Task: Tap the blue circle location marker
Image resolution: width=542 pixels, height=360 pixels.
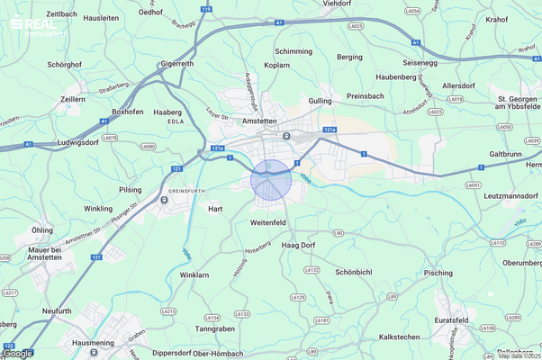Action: click(x=271, y=178)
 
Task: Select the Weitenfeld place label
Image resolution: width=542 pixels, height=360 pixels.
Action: click(x=268, y=221)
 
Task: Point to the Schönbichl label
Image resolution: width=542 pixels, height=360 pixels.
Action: click(x=354, y=272)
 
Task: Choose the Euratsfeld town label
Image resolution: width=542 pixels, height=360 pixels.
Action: click(x=477, y=319)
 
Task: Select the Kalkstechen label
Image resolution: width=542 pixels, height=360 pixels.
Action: click(x=399, y=336)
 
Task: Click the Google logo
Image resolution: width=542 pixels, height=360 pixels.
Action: click(x=18, y=353)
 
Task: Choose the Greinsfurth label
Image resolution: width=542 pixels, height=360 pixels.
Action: click(x=189, y=191)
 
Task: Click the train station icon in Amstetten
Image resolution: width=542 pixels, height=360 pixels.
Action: click(x=286, y=136)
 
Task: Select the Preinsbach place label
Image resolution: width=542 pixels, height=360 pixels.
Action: click(x=365, y=94)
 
